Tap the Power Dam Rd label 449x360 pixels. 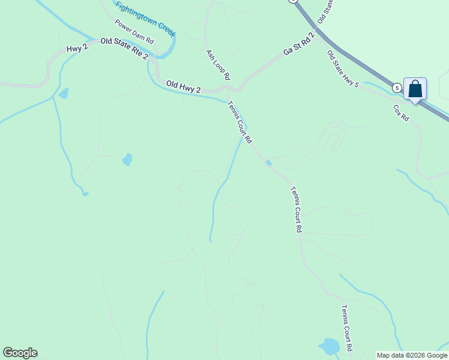[134, 32]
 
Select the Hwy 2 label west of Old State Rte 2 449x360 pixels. [77, 47]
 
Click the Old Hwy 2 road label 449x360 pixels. [183, 87]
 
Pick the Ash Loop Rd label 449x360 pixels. [218, 65]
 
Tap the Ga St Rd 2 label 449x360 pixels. [299, 46]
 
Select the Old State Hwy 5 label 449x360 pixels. [343, 69]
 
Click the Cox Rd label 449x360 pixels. [401, 113]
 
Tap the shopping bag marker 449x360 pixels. [415, 89]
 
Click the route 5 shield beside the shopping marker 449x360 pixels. [397, 88]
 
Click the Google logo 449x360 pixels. [20, 353]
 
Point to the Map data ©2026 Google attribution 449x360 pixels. [412, 355]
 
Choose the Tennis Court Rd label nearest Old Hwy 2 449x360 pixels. [240, 121]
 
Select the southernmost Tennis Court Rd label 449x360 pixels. [346, 328]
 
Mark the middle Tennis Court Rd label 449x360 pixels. [295, 209]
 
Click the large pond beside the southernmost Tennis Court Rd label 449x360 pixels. [329, 347]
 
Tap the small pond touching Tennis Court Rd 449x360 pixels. [268, 162]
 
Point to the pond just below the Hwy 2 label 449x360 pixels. [63, 93]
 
